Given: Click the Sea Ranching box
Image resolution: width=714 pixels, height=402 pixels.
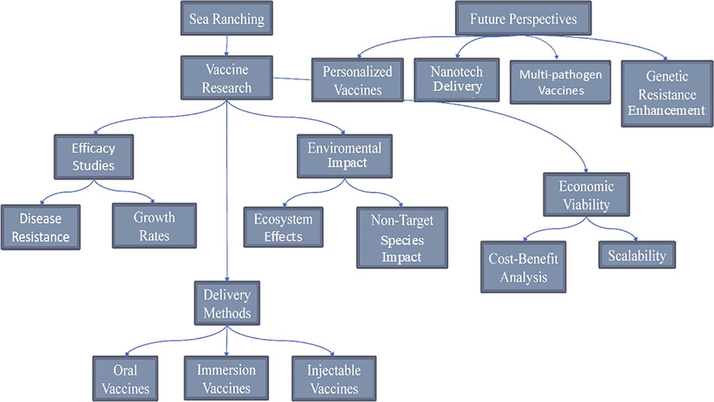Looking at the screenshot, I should (x=227, y=19).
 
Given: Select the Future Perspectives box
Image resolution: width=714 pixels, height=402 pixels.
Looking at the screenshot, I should (x=523, y=19).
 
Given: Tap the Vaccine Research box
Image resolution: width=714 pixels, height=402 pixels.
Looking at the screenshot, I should (x=227, y=78).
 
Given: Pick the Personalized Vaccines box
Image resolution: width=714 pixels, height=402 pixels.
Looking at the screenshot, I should (x=357, y=80).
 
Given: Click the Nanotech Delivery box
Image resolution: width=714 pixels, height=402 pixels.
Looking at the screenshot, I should (x=456, y=80).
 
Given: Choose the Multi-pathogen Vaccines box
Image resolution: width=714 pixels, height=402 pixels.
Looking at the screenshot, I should (x=560, y=82).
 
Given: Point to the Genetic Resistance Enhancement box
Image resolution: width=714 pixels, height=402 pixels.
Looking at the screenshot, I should (x=667, y=94).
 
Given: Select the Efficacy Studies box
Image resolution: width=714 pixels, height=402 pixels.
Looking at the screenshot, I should (x=93, y=157).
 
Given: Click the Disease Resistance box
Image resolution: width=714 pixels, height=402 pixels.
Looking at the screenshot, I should (x=40, y=228).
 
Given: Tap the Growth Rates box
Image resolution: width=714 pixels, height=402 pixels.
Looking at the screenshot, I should (x=154, y=226).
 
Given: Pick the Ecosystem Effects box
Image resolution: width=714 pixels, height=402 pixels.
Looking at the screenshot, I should (x=283, y=227).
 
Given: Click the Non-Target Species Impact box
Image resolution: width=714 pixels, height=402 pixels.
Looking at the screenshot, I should (x=402, y=238).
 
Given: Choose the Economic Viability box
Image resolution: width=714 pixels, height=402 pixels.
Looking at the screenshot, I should (x=586, y=195).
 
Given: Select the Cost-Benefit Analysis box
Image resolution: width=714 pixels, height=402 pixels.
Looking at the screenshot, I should (x=523, y=267).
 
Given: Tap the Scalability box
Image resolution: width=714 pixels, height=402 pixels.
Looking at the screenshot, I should (x=637, y=255).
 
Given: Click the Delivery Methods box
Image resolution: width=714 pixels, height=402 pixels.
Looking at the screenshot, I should (x=227, y=303).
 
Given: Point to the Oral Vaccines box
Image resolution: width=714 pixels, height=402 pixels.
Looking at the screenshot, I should (x=125, y=379).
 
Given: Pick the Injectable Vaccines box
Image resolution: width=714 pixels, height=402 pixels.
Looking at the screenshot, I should (x=334, y=379).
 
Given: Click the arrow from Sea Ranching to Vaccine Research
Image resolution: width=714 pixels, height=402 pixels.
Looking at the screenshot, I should (x=227, y=46).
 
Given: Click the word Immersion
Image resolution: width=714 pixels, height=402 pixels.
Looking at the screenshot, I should (x=226, y=370).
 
